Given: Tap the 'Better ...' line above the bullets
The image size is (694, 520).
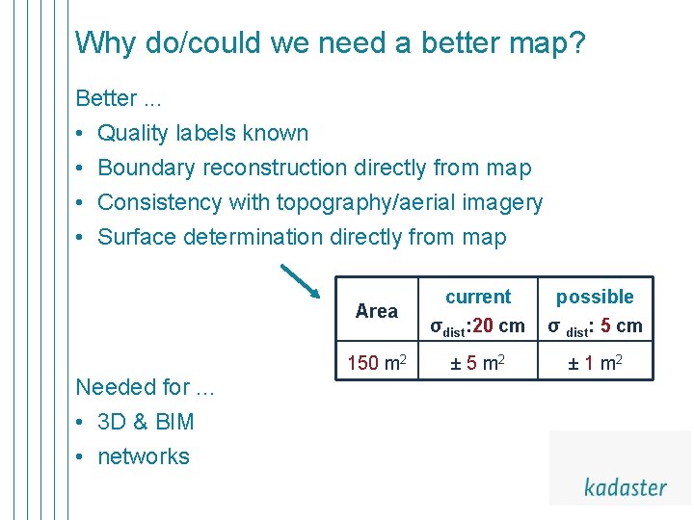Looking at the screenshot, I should pyautogui.click(x=112, y=98).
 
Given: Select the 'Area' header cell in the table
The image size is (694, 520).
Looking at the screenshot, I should pyautogui.click(x=376, y=311).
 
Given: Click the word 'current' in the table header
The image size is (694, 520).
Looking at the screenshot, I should pyautogui.click(x=478, y=297).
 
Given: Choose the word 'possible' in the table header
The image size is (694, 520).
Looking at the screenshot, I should pyautogui.click(x=595, y=297).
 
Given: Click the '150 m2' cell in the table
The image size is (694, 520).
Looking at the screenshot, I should pyautogui.click(x=376, y=363).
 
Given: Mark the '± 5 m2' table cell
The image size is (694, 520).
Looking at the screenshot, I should pyautogui.click(x=478, y=363).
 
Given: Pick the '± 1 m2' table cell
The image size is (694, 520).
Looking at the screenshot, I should pyautogui.click(x=595, y=363).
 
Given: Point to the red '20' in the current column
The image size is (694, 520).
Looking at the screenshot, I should pyautogui.click(x=483, y=325).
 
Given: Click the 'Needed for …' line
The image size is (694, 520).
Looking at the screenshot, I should pyautogui.click(x=145, y=387).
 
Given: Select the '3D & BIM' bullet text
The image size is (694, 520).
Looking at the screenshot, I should pyautogui.click(x=147, y=422).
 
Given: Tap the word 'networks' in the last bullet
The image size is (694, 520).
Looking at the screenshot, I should pyautogui.click(x=144, y=456).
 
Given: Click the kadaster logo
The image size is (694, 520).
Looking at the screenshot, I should pyautogui.click(x=625, y=486).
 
